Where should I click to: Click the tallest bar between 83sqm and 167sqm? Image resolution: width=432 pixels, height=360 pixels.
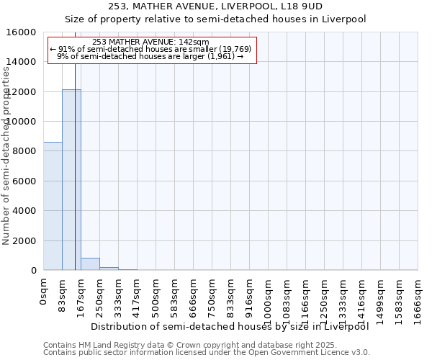(71, 180)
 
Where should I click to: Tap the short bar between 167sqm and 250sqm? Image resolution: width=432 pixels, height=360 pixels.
(90, 264)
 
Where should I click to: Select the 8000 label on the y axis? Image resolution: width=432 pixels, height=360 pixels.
(24, 151)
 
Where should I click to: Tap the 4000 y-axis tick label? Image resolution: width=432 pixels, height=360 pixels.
(24, 211)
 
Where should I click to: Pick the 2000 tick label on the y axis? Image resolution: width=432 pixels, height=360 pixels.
(24, 241)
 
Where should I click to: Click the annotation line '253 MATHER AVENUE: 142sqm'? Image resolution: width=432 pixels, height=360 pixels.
(151, 42)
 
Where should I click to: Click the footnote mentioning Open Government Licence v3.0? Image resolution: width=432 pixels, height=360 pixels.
(207, 353)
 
